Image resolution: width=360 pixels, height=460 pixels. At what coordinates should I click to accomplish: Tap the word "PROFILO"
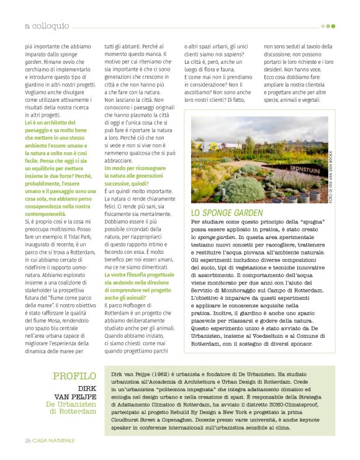tap(74, 376)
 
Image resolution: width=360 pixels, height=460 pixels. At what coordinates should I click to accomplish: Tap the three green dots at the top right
tap(328, 26)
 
